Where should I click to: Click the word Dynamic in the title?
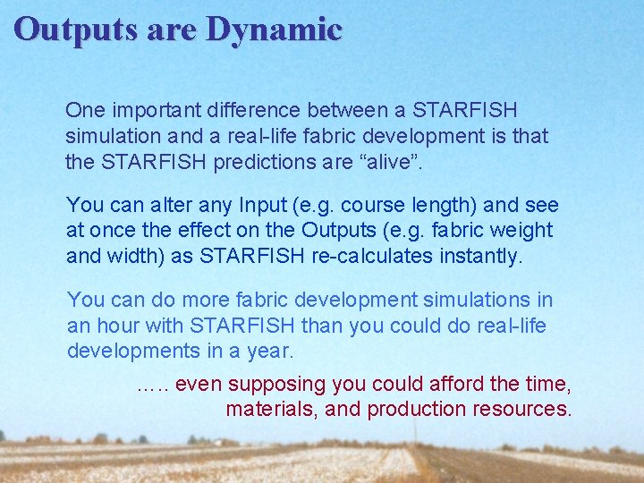[274, 30]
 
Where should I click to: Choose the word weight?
[518, 230]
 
